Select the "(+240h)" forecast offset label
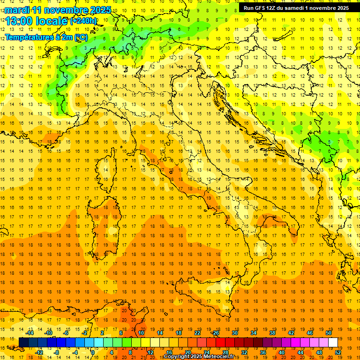83,21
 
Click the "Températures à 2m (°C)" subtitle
46,37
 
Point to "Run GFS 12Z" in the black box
261,8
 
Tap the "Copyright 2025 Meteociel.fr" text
202,357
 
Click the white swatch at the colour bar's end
333,342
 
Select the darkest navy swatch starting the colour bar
23,342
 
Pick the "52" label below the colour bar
338,352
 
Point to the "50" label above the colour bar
328,332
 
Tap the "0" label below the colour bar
93,352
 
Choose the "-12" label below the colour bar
39,352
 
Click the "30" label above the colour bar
234,332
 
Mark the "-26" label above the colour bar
215,332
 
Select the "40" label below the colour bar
282,352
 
